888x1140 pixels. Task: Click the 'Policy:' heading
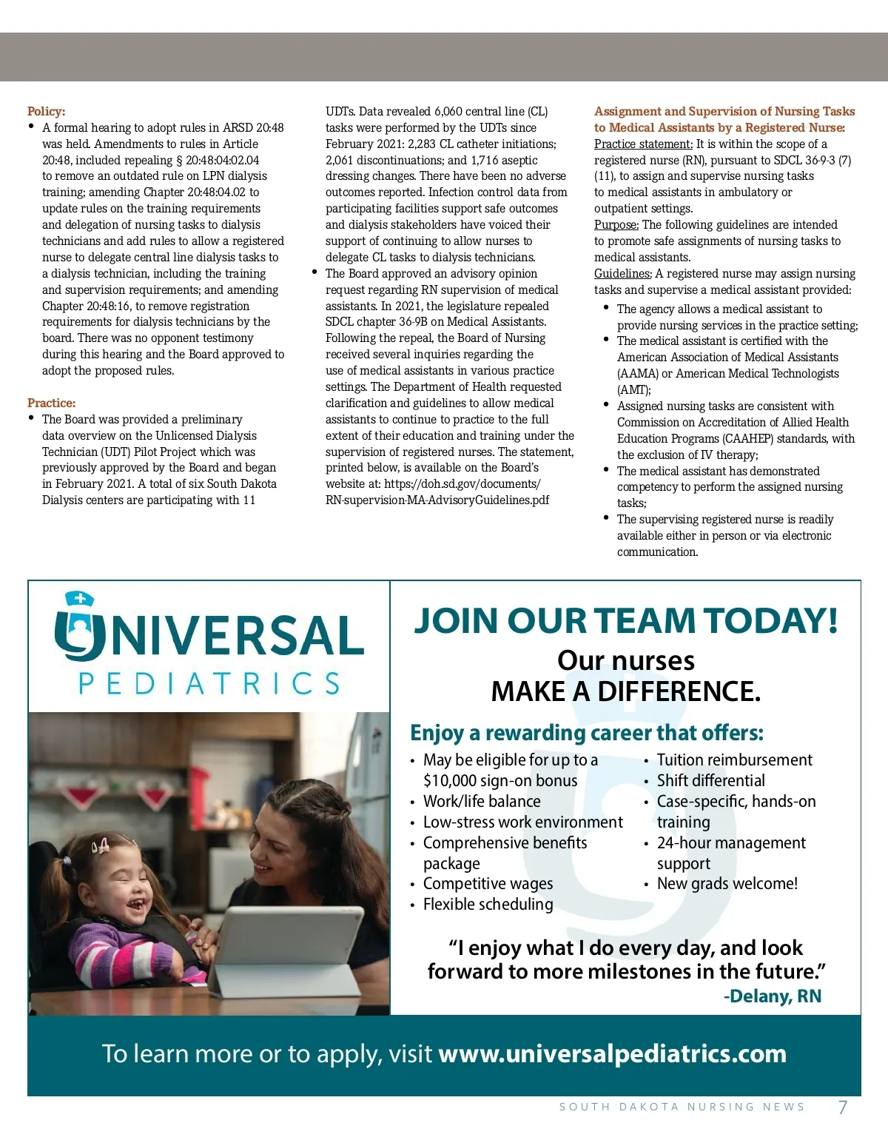(x=46, y=112)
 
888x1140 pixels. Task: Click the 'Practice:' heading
(x=51, y=403)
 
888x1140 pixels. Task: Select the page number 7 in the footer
(x=842, y=1107)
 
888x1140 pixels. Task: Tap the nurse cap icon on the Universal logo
(x=79, y=598)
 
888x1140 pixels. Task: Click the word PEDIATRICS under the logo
(x=209, y=683)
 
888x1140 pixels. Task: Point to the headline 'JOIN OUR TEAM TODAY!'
(x=625, y=620)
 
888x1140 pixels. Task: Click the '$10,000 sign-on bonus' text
(x=500, y=781)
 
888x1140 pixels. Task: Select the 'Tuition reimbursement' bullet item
(x=734, y=760)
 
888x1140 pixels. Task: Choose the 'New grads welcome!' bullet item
(x=727, y=884)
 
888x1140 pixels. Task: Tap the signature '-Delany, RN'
(x=772, y=996)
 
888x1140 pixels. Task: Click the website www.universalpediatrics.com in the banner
(x=612, y=1054)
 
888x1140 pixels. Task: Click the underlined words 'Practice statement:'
(x=643, y=144)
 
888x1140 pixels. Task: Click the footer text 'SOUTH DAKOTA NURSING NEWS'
(x=682, y=1107)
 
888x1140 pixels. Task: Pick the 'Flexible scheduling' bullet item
(x=488, y=905)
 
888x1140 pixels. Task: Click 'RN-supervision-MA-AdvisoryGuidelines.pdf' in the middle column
(x=437, y=500)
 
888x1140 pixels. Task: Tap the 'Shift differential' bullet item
(x=710, y=781)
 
